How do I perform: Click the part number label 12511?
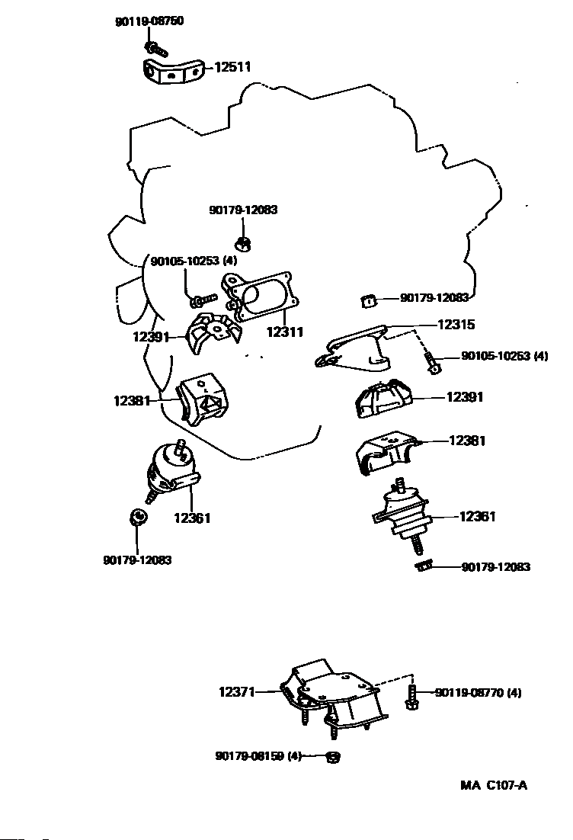coord(232,68)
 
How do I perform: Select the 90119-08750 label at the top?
coord(149,22)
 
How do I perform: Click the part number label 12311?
coord(285,332)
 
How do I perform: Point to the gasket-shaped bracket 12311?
coord(260,297)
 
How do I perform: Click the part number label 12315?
coord(456,325)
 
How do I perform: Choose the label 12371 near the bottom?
coord(237,692)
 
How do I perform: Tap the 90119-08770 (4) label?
coord(479,693)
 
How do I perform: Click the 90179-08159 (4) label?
coord(259,756)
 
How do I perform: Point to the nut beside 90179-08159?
coord(332,757)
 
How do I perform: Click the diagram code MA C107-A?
coord(493,786)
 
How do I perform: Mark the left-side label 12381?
coord(133,399)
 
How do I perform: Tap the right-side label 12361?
coord(477,517)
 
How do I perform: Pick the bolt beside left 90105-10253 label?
coord(204,298)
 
